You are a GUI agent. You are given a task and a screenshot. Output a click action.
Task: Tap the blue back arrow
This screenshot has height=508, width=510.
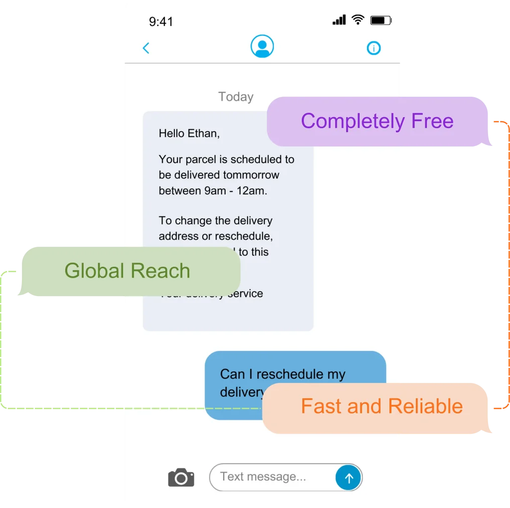coord(146,48)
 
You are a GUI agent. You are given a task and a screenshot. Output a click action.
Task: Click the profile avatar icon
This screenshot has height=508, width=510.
coord(262,46)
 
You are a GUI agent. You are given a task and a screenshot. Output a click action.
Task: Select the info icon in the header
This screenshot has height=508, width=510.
coord(374,48)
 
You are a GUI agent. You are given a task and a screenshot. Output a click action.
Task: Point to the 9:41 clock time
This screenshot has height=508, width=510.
coord(161,21)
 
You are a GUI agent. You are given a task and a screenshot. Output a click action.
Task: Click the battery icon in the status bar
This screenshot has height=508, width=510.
coord(381,20)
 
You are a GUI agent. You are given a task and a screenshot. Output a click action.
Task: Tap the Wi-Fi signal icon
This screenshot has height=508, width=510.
coord(358,20)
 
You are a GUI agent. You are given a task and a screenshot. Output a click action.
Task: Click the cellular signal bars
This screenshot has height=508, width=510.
coord(339,20)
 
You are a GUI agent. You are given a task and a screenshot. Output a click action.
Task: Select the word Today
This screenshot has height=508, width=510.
coord(236,97)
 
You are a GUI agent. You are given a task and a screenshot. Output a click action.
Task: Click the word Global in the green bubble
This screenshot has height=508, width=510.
coord(94,271)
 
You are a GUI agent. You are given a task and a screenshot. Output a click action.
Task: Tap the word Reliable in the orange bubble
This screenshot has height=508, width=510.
coord(425,406)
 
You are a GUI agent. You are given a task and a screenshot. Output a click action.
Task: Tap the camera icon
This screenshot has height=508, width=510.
coord(181,478)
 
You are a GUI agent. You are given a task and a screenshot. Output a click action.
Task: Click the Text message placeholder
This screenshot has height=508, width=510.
coord(263,477)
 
